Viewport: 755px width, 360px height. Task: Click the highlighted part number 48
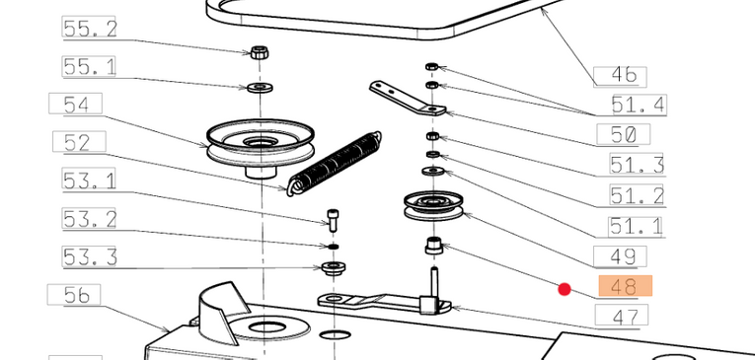[625, 286]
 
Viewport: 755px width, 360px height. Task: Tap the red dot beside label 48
[565, 289]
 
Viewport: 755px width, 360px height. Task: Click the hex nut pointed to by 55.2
[260, 52]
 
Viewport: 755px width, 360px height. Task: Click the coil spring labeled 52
[335, 164]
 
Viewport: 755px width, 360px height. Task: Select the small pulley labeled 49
[433, 205]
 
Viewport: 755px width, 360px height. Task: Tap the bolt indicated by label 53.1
[333, 220]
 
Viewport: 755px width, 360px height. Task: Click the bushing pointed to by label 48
[434, 245]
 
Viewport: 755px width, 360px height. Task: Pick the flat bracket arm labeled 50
[408, 100]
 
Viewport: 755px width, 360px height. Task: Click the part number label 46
[620, 76]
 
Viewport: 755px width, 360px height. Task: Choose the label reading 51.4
[639, 105]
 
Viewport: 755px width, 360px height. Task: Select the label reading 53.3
[90, 256]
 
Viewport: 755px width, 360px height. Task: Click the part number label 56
[74, 294]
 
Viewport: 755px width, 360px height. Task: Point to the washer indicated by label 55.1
[260, 88]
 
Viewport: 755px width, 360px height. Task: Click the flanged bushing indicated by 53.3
[334, 267]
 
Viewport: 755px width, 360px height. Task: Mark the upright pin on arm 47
[435, 283]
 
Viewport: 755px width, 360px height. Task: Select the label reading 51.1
[637, 227]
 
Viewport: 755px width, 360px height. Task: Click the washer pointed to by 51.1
[433, 171]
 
